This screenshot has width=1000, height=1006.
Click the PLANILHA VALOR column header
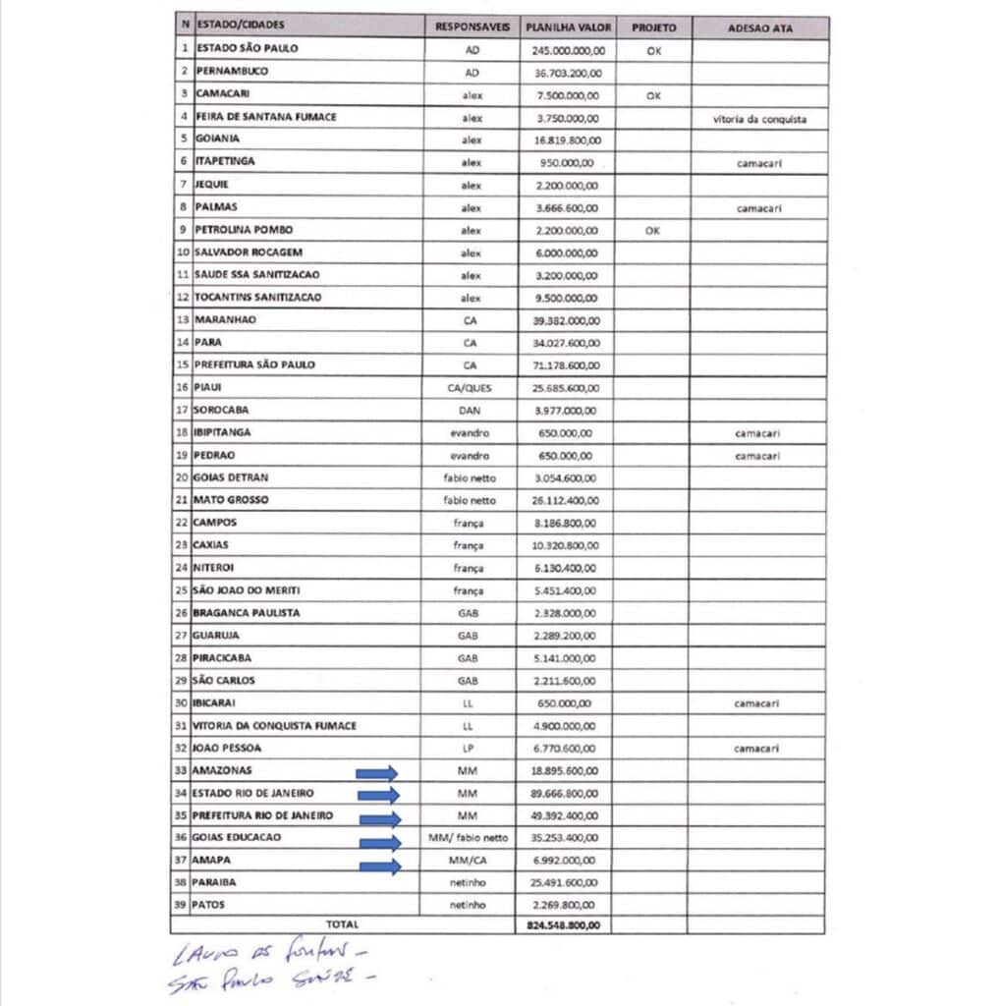[x=568, y=28]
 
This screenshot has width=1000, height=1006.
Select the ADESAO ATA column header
[x=759, y=28]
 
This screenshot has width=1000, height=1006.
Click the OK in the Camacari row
[x=653, y=96]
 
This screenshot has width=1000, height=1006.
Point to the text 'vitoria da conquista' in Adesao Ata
[x=759, y=119]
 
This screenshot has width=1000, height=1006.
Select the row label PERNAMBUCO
[x=232, y=72]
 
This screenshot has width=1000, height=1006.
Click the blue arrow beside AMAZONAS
[x=377, y=773]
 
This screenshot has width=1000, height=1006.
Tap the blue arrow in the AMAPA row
[x=380, y=866]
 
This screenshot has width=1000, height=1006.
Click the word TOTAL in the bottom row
[x=343, y=924]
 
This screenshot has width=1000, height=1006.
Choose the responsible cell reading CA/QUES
[x=470, y=388]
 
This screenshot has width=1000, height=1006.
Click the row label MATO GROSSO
[x=232, y=500]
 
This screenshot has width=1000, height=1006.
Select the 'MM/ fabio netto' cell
[x=469, y=838]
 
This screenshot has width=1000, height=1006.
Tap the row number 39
[x=181, y=904]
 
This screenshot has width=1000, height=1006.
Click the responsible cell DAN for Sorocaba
[x=469, y=411]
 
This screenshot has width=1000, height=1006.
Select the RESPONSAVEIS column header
[x=472, y=28]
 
